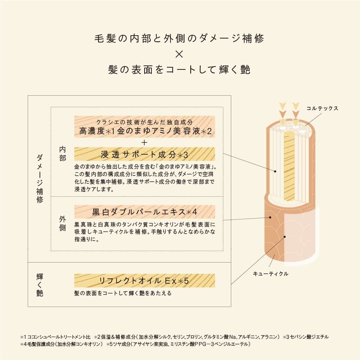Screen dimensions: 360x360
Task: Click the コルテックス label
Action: [322, 108]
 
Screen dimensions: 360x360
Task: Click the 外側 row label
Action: [63, 223]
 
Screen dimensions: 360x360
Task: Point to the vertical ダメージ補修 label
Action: [40, 178]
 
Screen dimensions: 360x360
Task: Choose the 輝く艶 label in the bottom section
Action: [40, 284]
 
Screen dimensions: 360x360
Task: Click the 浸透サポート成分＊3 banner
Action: [145, 155]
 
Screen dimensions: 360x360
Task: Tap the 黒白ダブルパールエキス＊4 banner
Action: [145, 211]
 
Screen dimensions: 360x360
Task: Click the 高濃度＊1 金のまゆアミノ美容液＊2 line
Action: [145, 132]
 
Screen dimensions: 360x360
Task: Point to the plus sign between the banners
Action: [145, 143]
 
